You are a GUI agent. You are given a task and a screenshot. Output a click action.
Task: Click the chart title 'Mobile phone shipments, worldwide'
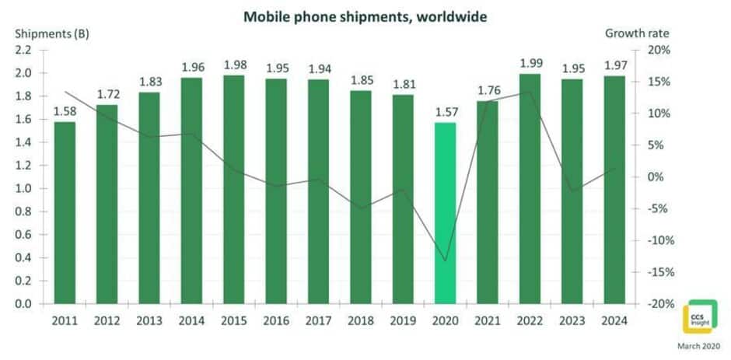point(365,16)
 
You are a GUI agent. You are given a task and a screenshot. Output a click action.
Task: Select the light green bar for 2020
point(446,213)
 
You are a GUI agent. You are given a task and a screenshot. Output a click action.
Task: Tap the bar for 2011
point(65,213)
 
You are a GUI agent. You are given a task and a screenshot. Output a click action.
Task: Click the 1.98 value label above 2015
point(234,65)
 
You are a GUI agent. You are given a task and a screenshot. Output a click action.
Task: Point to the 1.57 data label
point(446,111)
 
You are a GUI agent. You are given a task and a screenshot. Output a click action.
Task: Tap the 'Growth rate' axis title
point(636,33)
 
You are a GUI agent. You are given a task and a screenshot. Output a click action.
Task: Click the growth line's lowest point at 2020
point(446,261)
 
